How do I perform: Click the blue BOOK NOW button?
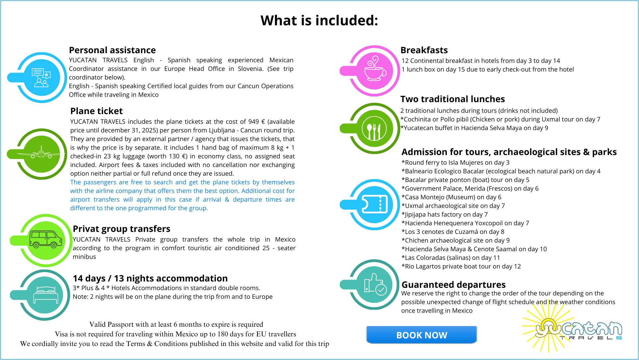coord(421,335)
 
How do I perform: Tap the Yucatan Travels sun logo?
coord(572,329)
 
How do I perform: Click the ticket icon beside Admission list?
coord(374,205)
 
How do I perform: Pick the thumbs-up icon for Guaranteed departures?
coord(374,285)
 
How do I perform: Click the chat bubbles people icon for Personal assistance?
coord(41,78)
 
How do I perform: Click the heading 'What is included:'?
coord(319,21)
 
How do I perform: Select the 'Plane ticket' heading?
coord(96,111)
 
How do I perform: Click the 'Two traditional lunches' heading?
coord(452,99)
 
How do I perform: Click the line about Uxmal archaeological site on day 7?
coord(453,206)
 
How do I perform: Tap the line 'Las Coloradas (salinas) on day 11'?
coord(450,258)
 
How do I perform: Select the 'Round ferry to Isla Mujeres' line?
coord(455,163)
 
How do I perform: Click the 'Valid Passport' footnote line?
coord(176,324)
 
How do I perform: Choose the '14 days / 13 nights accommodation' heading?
coord(150,278)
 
